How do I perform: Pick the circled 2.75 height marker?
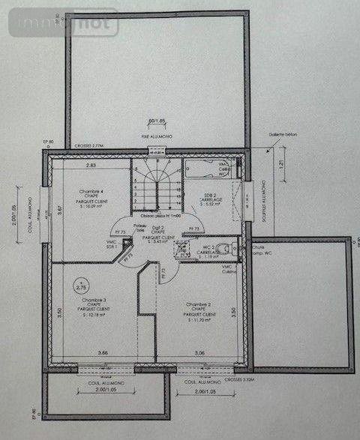coord(81,287)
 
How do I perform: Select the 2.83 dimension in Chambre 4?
coord(91,164)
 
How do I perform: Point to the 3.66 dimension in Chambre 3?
coord(82,352)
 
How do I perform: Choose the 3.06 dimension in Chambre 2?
coord(199,352)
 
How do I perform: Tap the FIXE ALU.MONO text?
coord(156,136)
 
